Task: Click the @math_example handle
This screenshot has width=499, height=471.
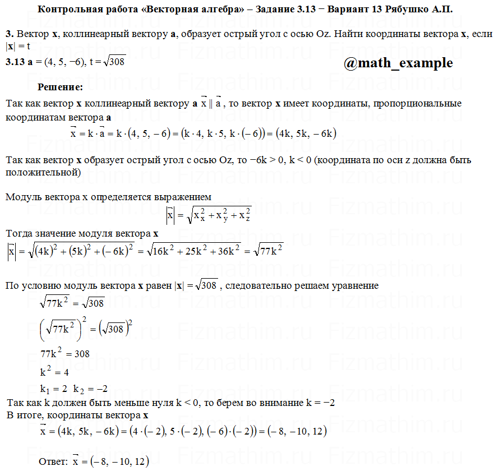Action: (398, 63)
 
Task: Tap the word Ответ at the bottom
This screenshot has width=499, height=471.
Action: (53, 461)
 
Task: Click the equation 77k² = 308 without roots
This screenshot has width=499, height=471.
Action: (65, 354)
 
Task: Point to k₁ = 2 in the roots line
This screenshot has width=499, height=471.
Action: (53, 389)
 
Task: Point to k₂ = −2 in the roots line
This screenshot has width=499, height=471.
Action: (90, 389)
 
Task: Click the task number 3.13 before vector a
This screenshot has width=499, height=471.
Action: (15, 62)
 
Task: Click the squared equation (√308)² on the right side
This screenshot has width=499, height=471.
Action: (118, 329)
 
